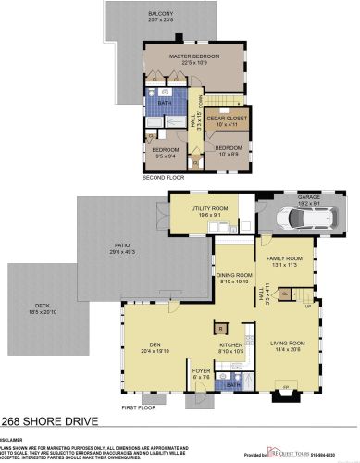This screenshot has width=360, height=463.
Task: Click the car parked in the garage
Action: (x=308, y=220)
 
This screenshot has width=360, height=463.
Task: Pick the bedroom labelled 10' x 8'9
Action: (x=228, y=149)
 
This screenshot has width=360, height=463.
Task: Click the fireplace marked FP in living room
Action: (x=285, y=386)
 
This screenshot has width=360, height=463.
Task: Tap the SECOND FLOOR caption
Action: (x=163, y=176)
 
